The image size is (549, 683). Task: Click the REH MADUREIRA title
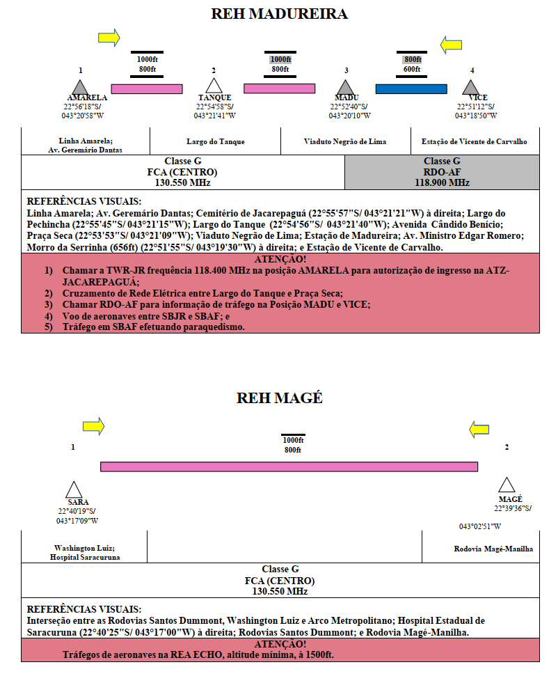tap(280, 13)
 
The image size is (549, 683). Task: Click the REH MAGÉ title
tap(280, 398)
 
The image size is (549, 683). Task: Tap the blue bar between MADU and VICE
tap(411, 89)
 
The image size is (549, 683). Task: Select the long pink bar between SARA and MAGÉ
tap(289, 466)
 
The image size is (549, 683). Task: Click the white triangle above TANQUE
tap(214, 87)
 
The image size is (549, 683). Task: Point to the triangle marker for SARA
tap(74, 490)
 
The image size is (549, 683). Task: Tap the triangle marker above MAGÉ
tap(507, 486)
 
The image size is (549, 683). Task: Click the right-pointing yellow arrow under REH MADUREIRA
tap(109, 38)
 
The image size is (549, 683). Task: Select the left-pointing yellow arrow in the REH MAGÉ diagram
tap(479, 430)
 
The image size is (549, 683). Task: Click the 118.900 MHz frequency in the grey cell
tap(442, 183)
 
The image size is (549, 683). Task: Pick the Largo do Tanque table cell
tap(216, 141)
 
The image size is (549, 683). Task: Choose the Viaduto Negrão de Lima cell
tap(345, 141)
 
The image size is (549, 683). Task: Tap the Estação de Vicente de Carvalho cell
tap(475, 141)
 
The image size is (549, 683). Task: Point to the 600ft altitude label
tap(412, 69)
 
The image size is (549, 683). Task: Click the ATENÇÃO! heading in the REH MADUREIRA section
tap(280, 259)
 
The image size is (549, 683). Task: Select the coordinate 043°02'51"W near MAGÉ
tap(480, 526)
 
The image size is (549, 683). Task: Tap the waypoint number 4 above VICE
tap(472, 70)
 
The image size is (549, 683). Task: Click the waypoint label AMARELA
tap(87, 97)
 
